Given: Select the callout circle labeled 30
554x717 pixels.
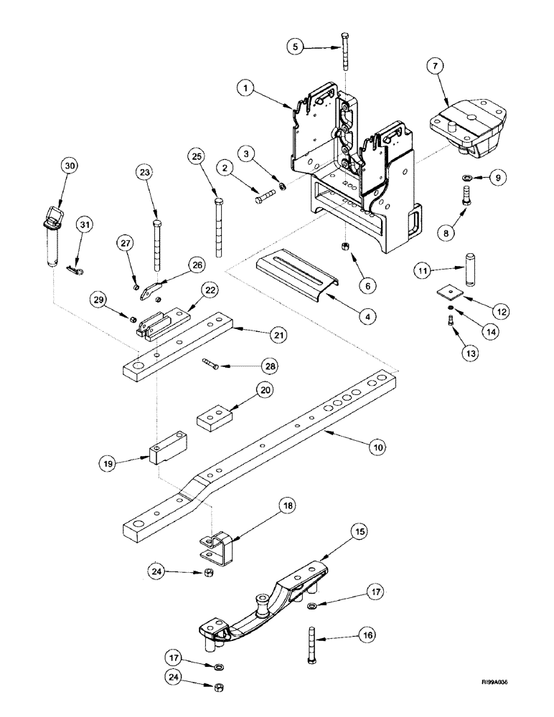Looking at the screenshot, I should [69, 166].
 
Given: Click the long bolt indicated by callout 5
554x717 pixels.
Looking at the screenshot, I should [345, 54].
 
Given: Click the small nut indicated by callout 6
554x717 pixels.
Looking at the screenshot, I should [346, 247].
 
